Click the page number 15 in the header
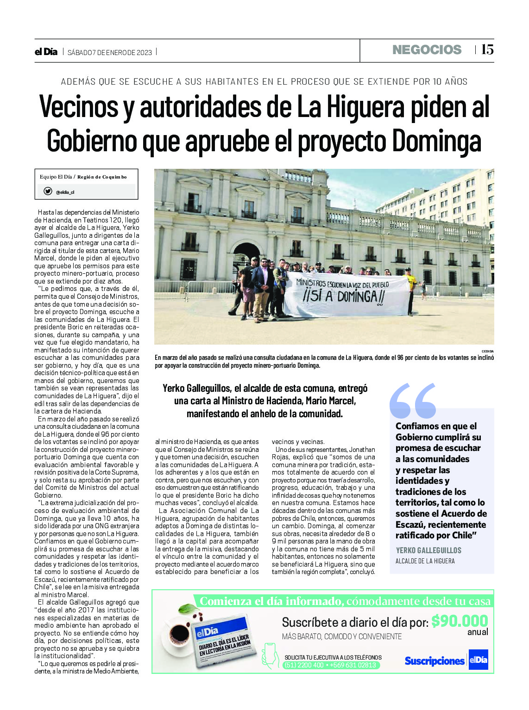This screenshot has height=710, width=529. click(x=487, y=49)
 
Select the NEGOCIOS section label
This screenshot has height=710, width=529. click(x=427, y=50)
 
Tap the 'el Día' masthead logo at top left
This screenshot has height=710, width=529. click(x=46, y=52)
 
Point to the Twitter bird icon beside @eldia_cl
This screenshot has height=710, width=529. click(x=48, y=191)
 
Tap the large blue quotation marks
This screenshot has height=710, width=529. click(x=413, y=400)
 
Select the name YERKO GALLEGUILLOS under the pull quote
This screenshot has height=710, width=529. click(x=428, y=550)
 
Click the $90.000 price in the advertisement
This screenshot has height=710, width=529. click(x=459, y=621)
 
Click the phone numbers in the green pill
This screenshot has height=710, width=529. click(x=331, y=665)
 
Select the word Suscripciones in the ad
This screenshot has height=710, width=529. click(x=434, y=661)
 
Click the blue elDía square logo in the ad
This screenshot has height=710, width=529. click(x=478, y=660)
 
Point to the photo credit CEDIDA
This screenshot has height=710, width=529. click(x=487, y=351)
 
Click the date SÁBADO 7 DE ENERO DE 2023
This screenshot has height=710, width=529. click(x=110, y=52)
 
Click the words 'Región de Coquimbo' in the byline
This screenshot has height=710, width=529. click(x=102, y=177)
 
